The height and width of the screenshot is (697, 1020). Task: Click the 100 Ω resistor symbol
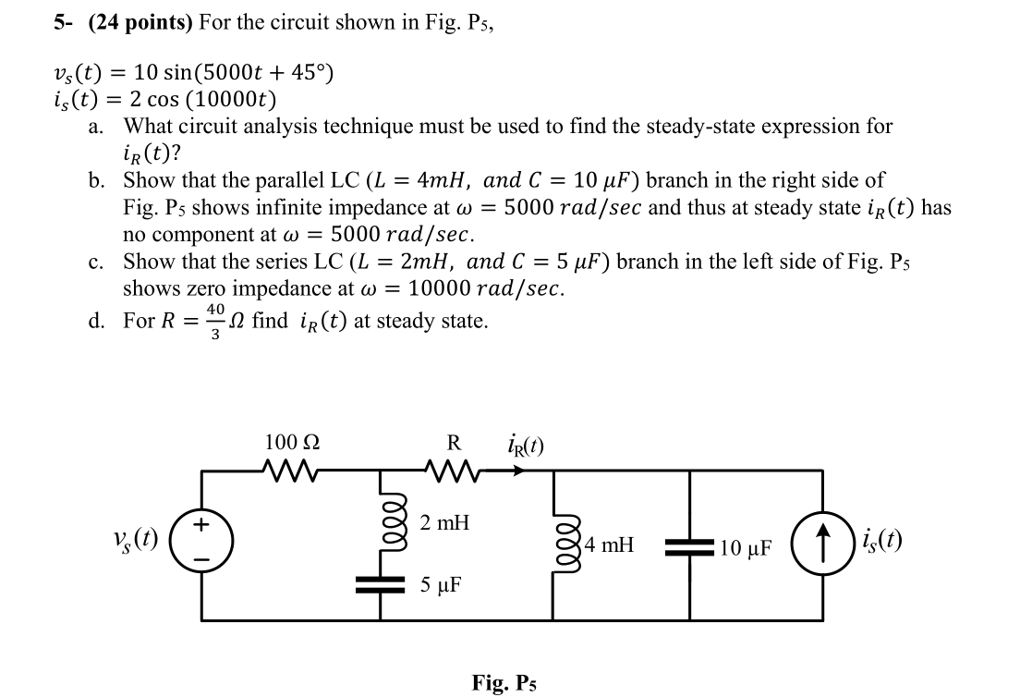click(293, 470)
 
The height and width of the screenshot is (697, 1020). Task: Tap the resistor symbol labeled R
click(455, 470)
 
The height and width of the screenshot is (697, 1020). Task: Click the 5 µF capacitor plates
click(382, 584)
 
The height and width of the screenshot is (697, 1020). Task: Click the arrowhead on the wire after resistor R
click(519, 470)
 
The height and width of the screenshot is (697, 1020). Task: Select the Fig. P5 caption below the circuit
click(504, 683)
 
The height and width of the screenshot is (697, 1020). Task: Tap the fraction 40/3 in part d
click(215, 323)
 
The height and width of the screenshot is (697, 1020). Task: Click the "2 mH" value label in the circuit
click(444, 523)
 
